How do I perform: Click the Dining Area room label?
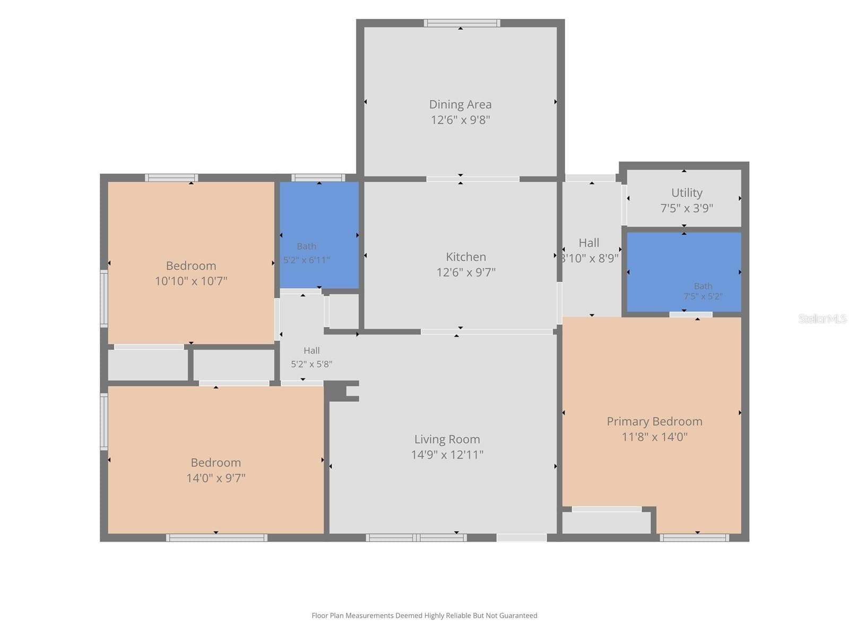click(x=460, y=105)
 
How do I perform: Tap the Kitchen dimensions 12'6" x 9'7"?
click(x=466, y=273)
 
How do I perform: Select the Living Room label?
click(x=447, y=440)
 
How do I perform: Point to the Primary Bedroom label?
click(x=654, y=421)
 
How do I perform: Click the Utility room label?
click(x=687, y=193)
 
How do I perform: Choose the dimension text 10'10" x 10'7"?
click(x=191, y=281)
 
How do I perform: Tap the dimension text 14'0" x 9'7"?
click(x=216, y=478)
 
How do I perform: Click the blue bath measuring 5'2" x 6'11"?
click(x=319, y=235)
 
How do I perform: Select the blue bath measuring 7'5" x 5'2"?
click(x=684, y=272)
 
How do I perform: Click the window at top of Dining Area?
click(x=462, y=23)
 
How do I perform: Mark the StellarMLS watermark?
click(x=822, y=318)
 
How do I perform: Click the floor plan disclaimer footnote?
click(x=424, y=616)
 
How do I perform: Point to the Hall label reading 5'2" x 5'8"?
click(x=311, y=351)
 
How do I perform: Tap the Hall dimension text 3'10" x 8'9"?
click(x=591, y=259)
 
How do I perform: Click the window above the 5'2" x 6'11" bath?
click(x=318, y=178)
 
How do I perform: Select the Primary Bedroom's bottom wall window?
click(x=694, y=538)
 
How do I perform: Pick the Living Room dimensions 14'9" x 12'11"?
click(x=447, y=455)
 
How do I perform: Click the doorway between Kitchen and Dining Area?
click(x=473, y=179)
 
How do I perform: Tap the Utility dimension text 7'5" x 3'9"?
click(x=687, y=209)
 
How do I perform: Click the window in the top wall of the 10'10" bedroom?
click(x=172, y=178)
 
